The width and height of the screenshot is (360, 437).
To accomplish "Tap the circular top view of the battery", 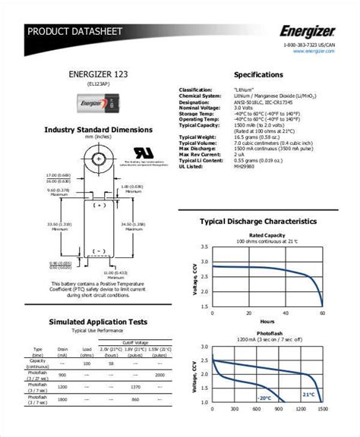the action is pyautogui.click(x=96, y=152).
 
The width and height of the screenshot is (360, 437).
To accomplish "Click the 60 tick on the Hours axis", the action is pyautogui.click(x=323, y=313).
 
